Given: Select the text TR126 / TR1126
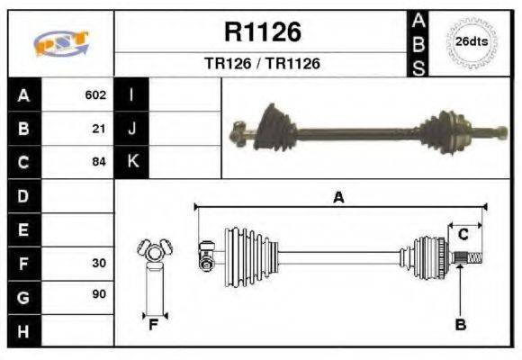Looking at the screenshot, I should [261, 64].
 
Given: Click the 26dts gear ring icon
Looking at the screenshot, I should [472, 42].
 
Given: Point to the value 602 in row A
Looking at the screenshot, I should [95, 94].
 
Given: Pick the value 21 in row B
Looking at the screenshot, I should [99, 129].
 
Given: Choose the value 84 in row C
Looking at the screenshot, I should [99, 162].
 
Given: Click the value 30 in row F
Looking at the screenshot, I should [99, 264].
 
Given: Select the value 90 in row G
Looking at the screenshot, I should [99, 295].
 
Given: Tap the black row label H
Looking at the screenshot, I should [23, 330].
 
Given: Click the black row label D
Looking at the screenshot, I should [23, 195].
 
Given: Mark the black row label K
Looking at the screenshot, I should [132, 162].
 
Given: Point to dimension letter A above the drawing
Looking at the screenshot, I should [338, 197].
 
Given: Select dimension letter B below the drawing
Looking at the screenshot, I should [460, 325].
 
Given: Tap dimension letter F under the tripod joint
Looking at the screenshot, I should [154, 325].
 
